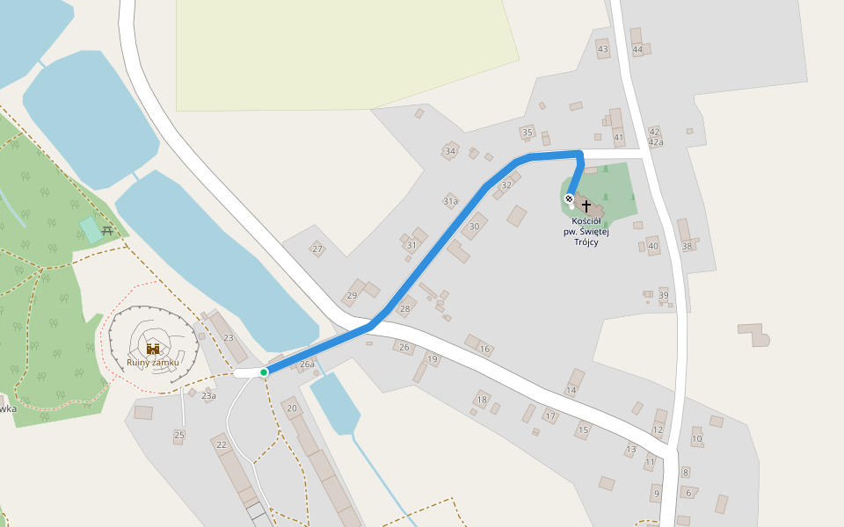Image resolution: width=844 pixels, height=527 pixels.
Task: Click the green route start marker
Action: (x=264, y=372)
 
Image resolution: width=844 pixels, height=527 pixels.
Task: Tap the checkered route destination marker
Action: (x=569, y=199)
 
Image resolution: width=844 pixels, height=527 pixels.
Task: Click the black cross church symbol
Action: (x=586, y=206)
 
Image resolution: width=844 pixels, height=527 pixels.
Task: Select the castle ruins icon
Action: (x=153, y=349)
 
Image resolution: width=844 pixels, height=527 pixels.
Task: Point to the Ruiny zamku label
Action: (x=153, y=362)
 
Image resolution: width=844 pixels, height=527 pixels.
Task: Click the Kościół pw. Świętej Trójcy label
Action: (x=586, y=231)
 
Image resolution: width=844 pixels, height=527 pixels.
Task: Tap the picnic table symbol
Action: (x=107, y=230)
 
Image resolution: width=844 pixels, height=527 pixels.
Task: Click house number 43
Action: (x=602, y=49)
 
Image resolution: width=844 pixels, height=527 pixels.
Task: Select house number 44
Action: (x=637, y=49)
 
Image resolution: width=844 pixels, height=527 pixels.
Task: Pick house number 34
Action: (x=450, y=151)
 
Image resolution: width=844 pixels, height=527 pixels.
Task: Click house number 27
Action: (x=316, y=249)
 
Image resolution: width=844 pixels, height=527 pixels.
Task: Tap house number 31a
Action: (x=450, y=201)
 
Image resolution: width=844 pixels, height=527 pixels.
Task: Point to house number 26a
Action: (x=307, y=364)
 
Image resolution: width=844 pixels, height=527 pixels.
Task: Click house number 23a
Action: (x=208, y=396)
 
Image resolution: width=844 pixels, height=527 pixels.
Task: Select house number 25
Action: (x=179, y=435)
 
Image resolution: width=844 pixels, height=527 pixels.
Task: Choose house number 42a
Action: (x=655, y=142)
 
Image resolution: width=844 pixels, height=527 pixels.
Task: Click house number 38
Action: (x=688, y=246)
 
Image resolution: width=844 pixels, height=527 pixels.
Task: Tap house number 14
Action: (x=571, y=390)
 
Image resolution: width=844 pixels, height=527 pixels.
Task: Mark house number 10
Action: (x=696, y=438)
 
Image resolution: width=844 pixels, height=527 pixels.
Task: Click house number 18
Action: (x=481, y=400)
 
